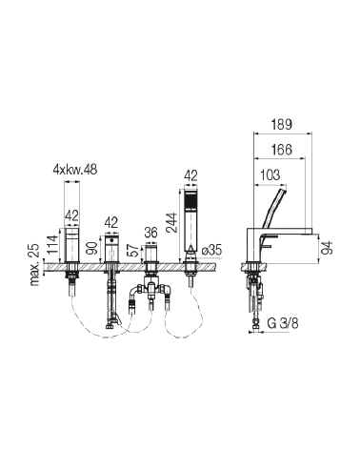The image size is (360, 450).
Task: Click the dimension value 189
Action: [282, 125]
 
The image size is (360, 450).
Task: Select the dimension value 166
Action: [282, 150]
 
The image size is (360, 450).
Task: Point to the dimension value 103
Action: [270, 175]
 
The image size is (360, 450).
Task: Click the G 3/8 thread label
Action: [283, 323]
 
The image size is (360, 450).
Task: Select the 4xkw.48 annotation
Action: [75, 170]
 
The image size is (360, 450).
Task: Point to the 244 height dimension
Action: [173, 223]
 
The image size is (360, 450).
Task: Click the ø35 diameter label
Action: [211, 250]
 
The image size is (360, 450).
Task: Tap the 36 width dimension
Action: [150, 233]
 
